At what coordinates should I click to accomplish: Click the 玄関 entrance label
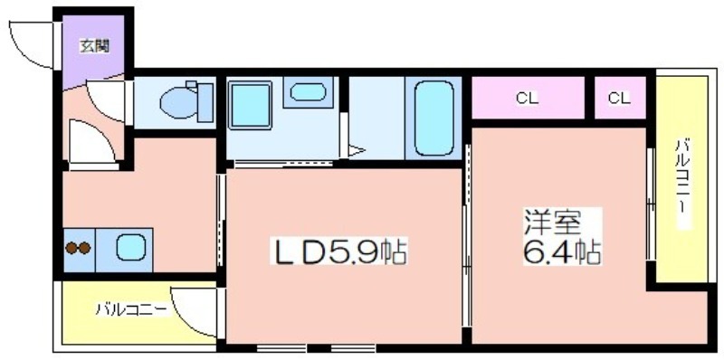[x=95, y=46]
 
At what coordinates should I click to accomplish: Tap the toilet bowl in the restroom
[x=178, y=103]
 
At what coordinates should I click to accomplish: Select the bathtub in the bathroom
[x=433, y=118]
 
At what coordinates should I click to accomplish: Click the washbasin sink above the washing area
[x=308, y=92]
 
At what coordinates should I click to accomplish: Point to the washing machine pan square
[x=250, y=105]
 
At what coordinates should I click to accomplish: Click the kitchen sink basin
[x=131, y=247]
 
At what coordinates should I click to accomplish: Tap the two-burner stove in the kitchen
[x=79, y=249]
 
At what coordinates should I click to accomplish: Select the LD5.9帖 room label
[x=338, y=252]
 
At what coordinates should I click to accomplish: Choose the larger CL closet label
[x=528, y=99]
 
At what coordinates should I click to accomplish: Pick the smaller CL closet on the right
[x=620, y=98]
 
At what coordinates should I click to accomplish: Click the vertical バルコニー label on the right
[x=682, y=175]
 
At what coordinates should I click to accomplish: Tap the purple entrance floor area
[x=94, y=51]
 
